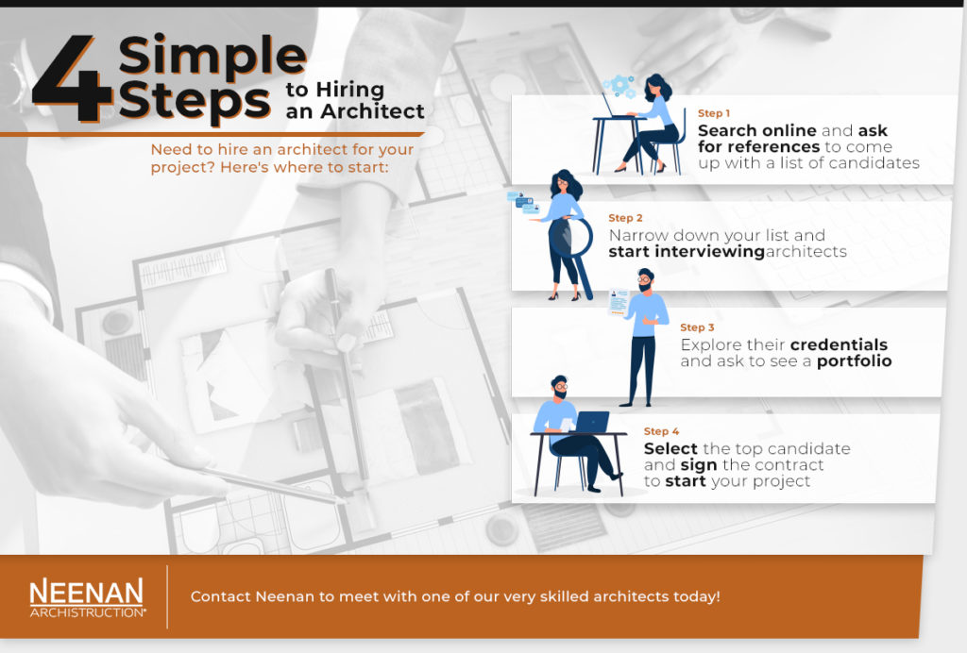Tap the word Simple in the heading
pos(213,59)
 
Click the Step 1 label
pos(714,113)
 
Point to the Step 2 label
pos(625,218)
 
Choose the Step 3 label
pos(697,327)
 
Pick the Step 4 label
pos(661,431)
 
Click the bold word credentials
pos(839,344)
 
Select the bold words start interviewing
pos(686,252)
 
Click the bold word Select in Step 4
pos(670,448)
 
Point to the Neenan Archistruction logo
pos(86,597)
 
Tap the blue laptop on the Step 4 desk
pos(591,421)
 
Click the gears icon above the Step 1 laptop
pos(620,85)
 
